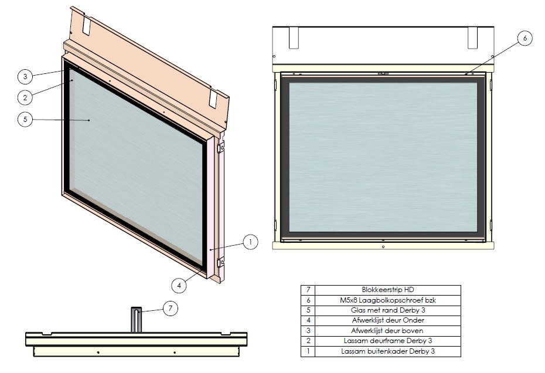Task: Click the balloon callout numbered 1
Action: pyautogui.click(x=251, y=242)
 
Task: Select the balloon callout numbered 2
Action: pyautogui.click(x=25, y=97)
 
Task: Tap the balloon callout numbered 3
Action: pyautogui.click(x=25, y=76)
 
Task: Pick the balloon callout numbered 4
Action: pyautogui.click(x=179, y=285)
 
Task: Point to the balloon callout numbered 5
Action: pyautogui.click(x=25, y=119)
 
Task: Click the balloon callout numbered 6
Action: pyautogui.click(x=525, y=38)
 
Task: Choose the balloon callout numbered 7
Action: pyautogui.click(x=171, y=308)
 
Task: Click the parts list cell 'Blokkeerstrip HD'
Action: pyautogui.click(x=388, y=290)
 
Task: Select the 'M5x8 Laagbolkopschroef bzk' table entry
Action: pyautogui.click(x=388, y=300)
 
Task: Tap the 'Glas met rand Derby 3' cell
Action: pyautogui.click(x=388, y=310)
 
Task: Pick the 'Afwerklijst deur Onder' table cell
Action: pyautogui.click(x=388, y=320)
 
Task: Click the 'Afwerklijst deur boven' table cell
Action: pyautogui.click(x=388, y=331)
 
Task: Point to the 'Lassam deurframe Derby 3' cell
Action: pyautogui.click(x=388, y=341)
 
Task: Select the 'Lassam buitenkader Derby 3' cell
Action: pyautogui.click(x=388, y=351)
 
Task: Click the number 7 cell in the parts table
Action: pyautogui.click(x=308, y=290)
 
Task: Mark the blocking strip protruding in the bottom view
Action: pyautogui.click(x=136, y=320)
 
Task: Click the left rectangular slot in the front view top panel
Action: pyautogui.click(x=294, y=38)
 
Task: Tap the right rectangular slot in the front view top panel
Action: pyautogui.click(x=472, y=38)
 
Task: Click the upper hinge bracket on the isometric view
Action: pyautogui.click(x=220, y=148)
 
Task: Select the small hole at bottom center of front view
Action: pyautogui.click(x=383, y=247)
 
